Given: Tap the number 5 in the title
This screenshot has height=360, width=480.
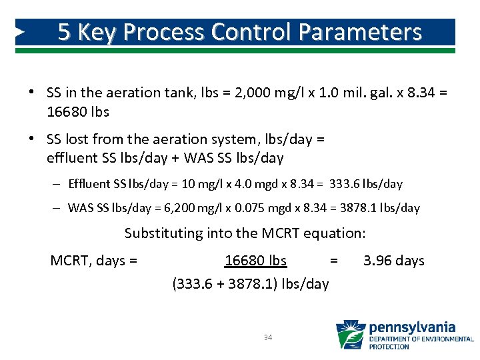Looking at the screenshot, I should pyautogui.click(x=65, y=32).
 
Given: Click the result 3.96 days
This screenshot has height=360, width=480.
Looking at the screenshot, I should pyautogui.click(x=393, y=261).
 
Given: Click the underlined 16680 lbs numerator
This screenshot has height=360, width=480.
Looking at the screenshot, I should pyautogui.click(x=255, y=261).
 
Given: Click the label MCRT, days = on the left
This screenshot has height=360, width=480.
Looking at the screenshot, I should pyautogui.click(x=94, y=261).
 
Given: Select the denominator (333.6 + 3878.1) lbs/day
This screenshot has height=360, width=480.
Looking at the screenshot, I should pyautogui.click(x=251, y=284).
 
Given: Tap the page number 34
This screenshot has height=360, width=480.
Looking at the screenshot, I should pyautogui.click(x=268, y=338).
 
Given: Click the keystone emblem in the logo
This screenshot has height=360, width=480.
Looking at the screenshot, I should pyautogui.click(x=350, y=335).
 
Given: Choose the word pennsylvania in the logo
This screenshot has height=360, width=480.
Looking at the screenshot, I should pyautogui.click(x=412, y=327).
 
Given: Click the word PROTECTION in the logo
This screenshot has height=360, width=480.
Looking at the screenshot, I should pyautogui.click(x=389, y=347).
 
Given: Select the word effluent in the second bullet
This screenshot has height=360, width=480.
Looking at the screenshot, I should pyautogui.click(x=71, y=158).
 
